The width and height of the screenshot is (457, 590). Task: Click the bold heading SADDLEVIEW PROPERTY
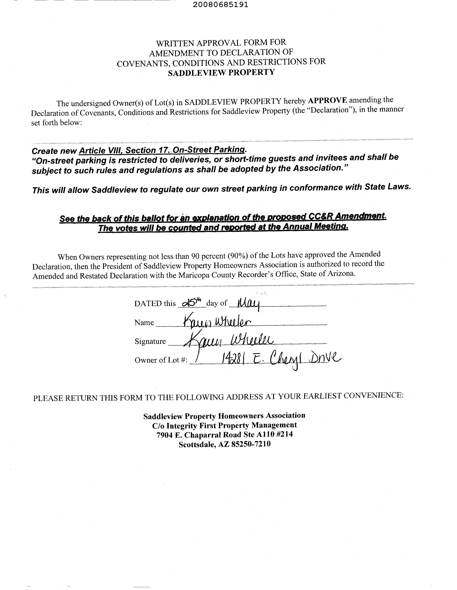pos(221,72)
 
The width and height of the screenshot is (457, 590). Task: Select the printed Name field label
pos(144,323)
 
